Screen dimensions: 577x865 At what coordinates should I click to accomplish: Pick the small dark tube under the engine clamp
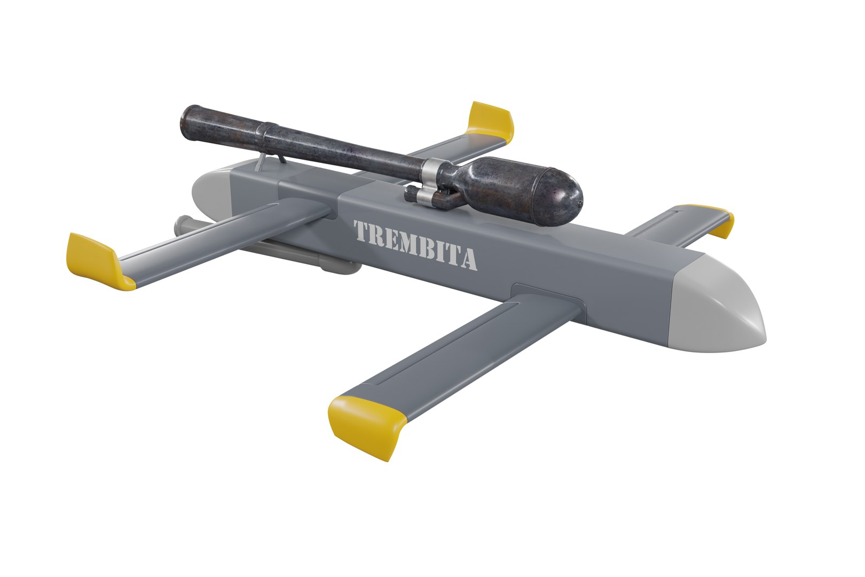(427, 198)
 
